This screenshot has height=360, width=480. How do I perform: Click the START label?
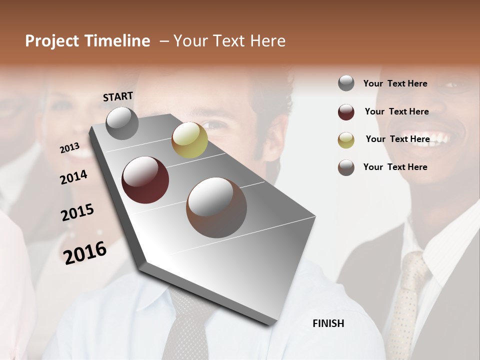tap(118, 96)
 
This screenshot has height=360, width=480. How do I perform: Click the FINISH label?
tap(328, 323)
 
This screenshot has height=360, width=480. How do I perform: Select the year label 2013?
tap(70, 148)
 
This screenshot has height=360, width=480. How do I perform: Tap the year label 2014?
tap(74, 177)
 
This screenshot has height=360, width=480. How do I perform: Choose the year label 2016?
tap(85, 252)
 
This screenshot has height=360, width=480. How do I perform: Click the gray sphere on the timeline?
tap(122, 123)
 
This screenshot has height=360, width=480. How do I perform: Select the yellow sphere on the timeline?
tap(189, 140)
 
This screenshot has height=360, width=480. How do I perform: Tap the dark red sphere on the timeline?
tap(145, 180)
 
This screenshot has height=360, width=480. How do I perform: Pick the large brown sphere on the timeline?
tap(216, 207)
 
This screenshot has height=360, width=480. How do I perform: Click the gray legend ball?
tap(346, 83)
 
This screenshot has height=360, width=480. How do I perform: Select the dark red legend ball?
tap(346, 112)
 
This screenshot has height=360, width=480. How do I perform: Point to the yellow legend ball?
tap(346, 139)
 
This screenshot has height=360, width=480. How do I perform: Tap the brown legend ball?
tap(346, 167)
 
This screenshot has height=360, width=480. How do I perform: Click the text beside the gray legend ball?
tap(395, 83)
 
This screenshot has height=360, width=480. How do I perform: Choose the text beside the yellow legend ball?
tap(397, 139)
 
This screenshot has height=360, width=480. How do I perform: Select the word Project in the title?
tap(52, 41)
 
